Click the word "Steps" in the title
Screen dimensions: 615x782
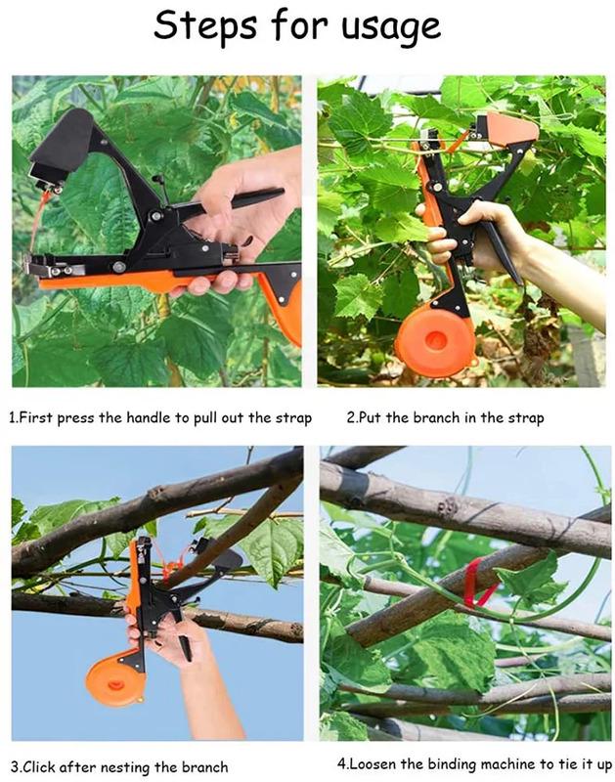click(204, 26)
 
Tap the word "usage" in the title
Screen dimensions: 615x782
click(391, 28)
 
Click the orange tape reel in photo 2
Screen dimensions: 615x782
click(433, 339)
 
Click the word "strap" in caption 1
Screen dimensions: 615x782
click(293, 417)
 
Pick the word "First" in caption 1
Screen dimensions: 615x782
click(36, 417)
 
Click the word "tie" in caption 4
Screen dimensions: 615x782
click(563, 763)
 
